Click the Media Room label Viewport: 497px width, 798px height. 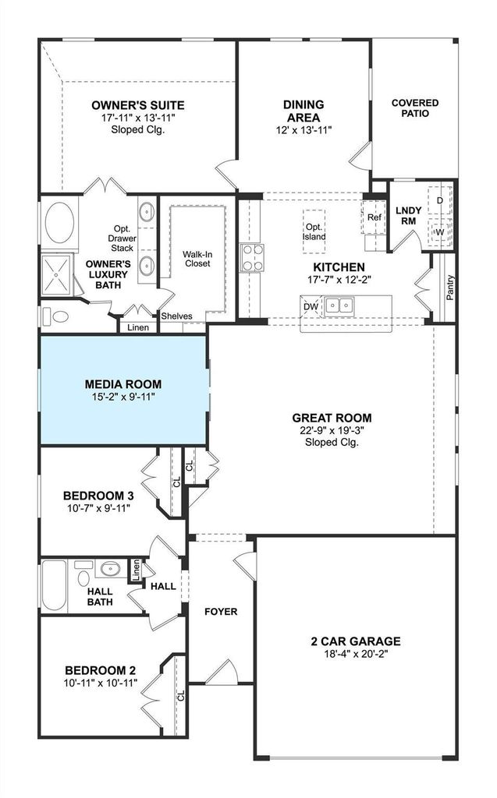[123, 384]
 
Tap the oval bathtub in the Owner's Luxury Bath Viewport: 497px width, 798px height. [59, 223]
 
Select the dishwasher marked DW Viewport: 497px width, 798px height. [311, 306]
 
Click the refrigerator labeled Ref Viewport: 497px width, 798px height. [375, 217]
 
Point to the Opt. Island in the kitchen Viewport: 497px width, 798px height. [314, 231]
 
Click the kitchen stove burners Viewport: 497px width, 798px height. [252, 257]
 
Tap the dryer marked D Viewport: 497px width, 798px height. [440, 200]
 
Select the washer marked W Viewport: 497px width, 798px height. [440, 232]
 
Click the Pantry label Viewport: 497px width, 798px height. [450, 288]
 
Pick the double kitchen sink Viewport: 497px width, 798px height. [339, 305]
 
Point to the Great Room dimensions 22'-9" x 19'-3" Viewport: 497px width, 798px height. [332, 430]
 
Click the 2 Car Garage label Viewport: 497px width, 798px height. [356, 641]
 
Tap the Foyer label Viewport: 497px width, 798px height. [221, 611]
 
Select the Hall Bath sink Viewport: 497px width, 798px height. [108, 568]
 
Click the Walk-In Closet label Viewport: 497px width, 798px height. [197, 259]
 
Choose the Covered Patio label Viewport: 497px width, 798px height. [415, 108]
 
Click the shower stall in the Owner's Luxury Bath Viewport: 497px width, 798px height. [58, 275]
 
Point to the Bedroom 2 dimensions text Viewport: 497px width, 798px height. [101, 683]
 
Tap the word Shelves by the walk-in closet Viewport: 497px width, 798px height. [177, 316]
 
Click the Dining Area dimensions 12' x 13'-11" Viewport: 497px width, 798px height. [304, 130]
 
